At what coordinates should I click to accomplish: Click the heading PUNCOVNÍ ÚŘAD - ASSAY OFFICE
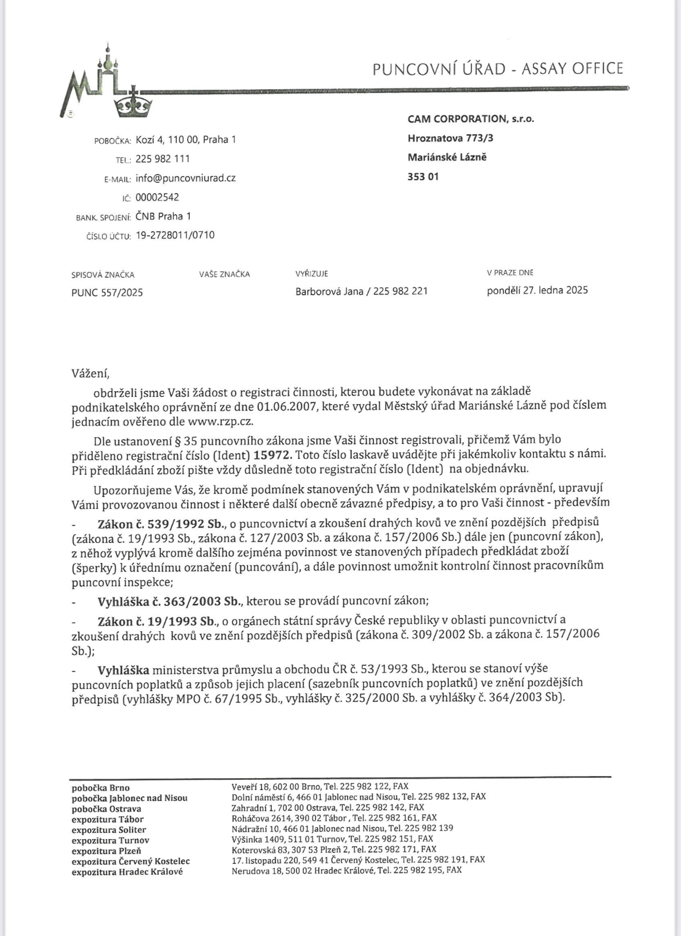(497, 69)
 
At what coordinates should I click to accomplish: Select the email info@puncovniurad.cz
(185, 178)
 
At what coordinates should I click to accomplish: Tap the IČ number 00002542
(157, 197)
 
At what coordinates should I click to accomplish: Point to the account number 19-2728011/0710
(175, 235)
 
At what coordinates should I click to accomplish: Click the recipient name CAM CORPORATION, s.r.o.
(471, 119)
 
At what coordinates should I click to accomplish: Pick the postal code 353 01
(423, 176)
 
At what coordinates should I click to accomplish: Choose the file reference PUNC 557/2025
(107, 293)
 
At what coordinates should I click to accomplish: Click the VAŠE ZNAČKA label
(224, 274)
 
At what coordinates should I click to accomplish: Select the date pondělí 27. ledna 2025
(537, 290)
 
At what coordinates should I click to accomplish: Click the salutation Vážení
(90, 373)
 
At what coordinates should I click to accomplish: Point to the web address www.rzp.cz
(220, 421)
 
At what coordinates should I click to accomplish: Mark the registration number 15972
(273, 455)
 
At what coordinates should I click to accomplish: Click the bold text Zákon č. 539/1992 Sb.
(161, 524)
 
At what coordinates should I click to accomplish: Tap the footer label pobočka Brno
(101, 788)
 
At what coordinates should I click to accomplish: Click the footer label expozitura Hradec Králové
(127, 872)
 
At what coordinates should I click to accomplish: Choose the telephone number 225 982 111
(163, 159)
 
